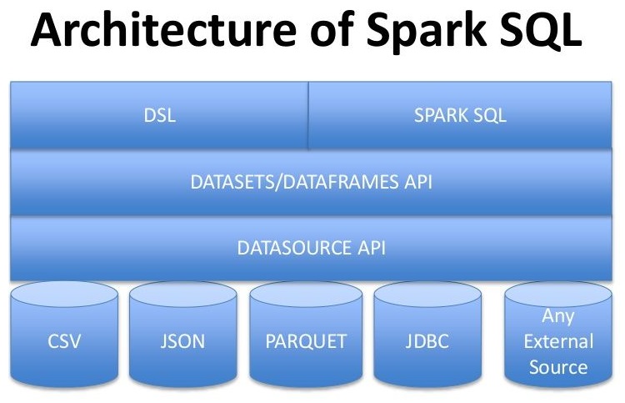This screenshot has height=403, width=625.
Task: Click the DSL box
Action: tap(159, 116)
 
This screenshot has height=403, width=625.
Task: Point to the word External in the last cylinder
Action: tap(558, 341)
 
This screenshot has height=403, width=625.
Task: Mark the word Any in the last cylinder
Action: tap(558, 315)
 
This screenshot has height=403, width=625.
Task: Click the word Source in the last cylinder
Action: tap(558, 367)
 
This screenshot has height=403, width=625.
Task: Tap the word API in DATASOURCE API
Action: tap(369, 248)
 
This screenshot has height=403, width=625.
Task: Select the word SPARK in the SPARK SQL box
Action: tap(442, 116)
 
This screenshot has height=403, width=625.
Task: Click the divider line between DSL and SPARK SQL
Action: tap(308, 116)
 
